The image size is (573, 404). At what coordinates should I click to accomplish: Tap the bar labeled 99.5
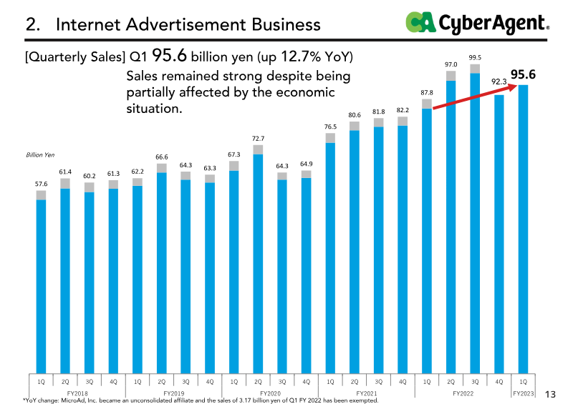coord(475,222)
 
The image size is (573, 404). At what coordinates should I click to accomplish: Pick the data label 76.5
coord(330,127)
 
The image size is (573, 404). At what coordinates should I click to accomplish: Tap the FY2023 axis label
coord(524,393)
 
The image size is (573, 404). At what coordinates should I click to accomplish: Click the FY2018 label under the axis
coord(77,393)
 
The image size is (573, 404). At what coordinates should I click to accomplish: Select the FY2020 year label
coord(270,393)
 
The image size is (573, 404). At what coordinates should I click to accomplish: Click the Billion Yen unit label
coord(40,154)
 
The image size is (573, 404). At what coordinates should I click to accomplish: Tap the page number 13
coord(551,394)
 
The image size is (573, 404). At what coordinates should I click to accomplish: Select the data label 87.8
coord(427,92)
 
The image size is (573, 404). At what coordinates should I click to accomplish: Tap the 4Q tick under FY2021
coord(403,381)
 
